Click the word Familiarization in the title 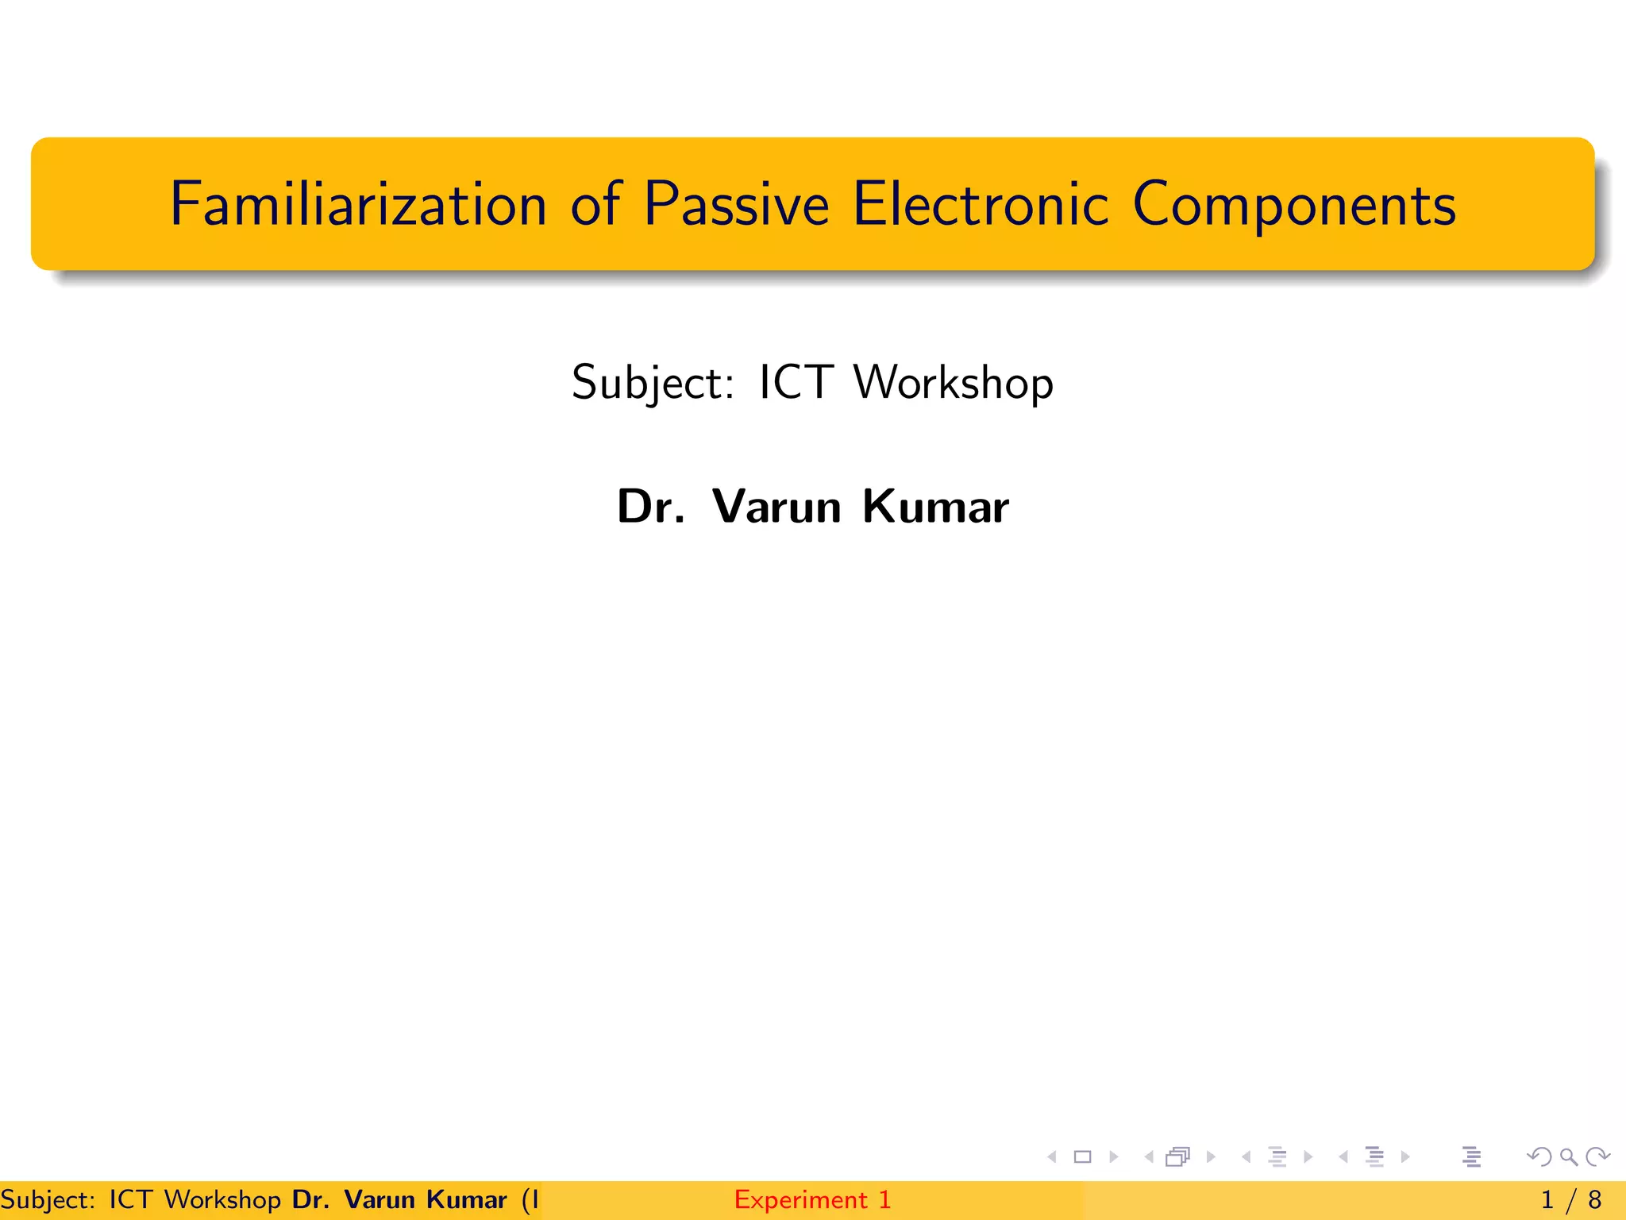coord(358,205)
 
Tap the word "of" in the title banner coord(595,205)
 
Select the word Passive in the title coord(736,205)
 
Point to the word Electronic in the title coord(980,205)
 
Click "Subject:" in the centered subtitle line coord(653,384)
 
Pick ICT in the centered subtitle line coord(796,382)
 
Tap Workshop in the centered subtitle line coord(953,384)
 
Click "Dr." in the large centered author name coord(650,506)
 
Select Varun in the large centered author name coord(776,506)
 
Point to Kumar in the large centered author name coord(935,506)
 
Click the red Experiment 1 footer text coord(812,1199)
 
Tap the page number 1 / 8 coord(1570,1199)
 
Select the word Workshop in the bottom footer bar coord(222,1199)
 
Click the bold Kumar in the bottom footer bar coord(466,1199)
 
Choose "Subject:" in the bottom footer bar coord(48,1199)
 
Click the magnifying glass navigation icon coord(1568,1157)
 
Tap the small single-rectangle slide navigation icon coord(1082,1157)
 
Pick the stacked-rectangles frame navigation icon coord(1177,1157)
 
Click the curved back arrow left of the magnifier coord(1539,1157)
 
